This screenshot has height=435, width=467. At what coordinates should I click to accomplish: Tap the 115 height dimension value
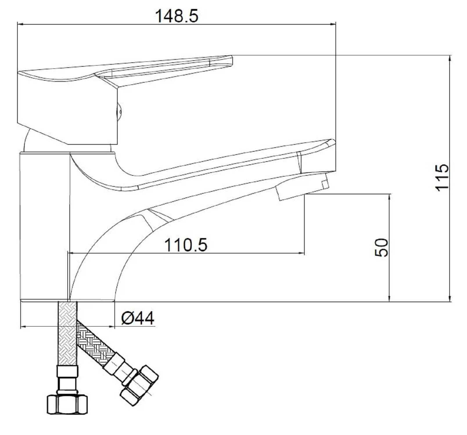point(442,177)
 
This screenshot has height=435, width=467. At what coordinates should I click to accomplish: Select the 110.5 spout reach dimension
point(186,245)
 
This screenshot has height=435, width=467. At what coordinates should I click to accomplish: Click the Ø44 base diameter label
point(138,318)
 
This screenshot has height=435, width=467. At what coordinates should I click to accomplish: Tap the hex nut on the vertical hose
point(67,404)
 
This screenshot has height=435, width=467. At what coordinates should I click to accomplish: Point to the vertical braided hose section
point(67,333)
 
